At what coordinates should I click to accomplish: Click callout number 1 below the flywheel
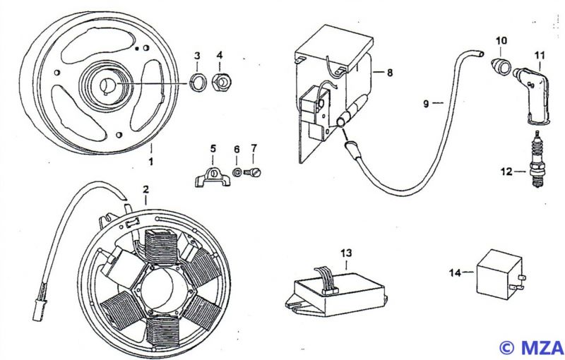tap(151, 162)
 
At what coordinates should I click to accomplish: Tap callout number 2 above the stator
tap(145, 190)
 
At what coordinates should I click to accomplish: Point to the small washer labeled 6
tap(237, 171)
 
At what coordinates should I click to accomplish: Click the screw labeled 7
tap(255, 171)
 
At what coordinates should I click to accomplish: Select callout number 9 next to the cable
tap(426, 104)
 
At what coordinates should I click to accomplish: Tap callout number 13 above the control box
tap(345, 252)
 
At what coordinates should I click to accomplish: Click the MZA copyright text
tap(530, 347)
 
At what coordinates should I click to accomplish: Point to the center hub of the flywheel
tap(109, 85)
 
